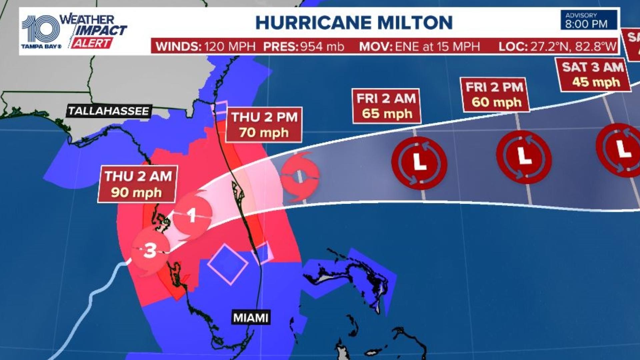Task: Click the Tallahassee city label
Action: (109, 111)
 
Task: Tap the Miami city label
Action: (251, 318)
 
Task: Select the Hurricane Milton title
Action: (354, 23)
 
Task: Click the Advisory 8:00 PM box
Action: (588, 20)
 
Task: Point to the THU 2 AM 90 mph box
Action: (137, 184)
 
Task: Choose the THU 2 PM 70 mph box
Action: (264, 125)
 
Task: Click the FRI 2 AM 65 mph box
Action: (386, 106)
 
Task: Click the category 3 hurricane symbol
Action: (150, 250)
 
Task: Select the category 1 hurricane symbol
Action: (192, 215)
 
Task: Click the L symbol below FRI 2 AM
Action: (419, 163)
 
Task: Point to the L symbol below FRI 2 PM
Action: (524, 157)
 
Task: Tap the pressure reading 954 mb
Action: (322, 46)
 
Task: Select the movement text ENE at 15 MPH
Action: (437, 46)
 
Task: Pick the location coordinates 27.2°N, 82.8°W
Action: (573, 46)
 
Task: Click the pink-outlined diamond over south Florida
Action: (228, 264)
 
